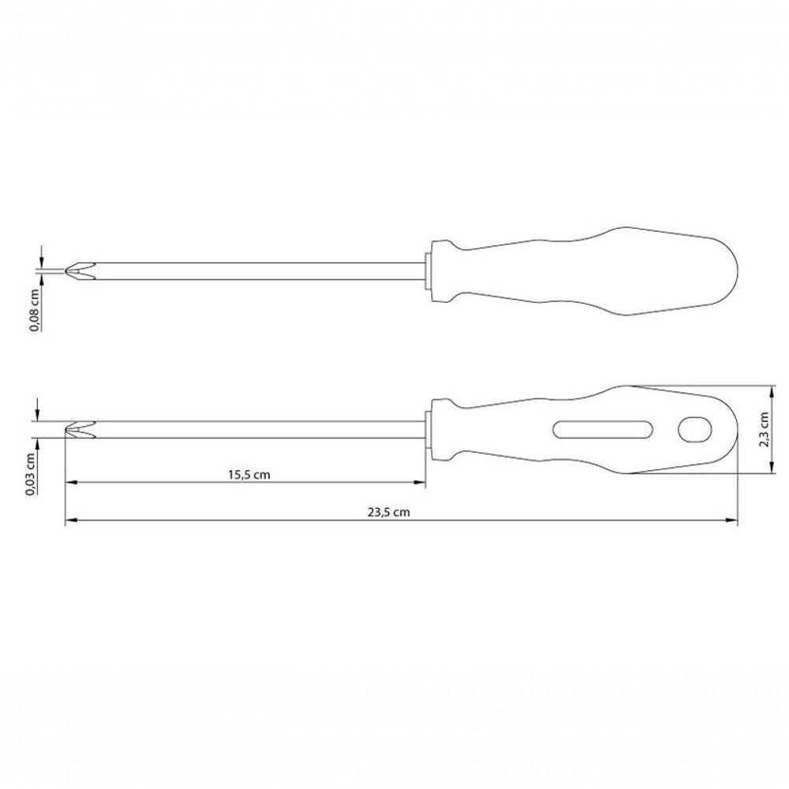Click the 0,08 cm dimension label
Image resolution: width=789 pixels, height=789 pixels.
click(35, 310)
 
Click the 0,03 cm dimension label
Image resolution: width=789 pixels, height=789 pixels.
click(31, 474)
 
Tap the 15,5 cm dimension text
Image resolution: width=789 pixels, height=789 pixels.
click(249, 474)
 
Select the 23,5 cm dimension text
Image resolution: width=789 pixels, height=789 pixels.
click(388, 512)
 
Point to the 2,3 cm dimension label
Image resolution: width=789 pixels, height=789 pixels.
click(764, 429)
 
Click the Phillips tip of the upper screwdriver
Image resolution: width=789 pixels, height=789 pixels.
click(80, 271)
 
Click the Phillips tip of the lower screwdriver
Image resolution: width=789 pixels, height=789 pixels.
click(80, 429)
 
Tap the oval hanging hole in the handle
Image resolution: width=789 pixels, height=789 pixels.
click(695, 429)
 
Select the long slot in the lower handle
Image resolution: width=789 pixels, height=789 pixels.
click(603, 429)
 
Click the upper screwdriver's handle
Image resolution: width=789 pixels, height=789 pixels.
click(584, 271)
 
